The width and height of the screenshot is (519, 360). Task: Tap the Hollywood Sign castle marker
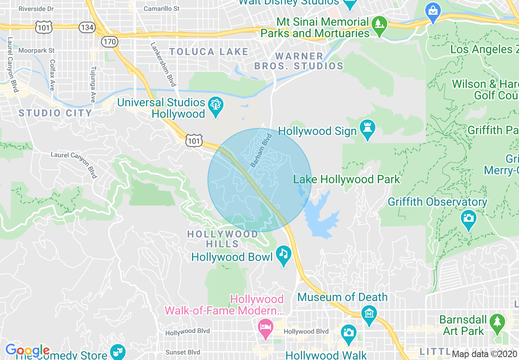click(367, 128)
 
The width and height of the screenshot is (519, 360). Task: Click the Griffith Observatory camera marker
click(468, 218)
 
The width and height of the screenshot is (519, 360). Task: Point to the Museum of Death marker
click(369, 315)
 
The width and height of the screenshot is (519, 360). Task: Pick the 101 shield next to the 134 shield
click(43, 28)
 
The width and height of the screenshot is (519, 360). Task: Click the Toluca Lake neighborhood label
click(209, 52)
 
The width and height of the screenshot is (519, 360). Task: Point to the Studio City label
click(55, 113)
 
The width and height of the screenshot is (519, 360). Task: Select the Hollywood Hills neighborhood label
click(223, 239)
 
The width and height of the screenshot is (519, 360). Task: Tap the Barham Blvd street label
click(261, 150)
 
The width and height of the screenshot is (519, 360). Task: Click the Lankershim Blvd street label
click(163, 65)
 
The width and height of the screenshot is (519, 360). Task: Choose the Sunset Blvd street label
click(183, 352)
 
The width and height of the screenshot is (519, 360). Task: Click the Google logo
click(27, 350)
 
